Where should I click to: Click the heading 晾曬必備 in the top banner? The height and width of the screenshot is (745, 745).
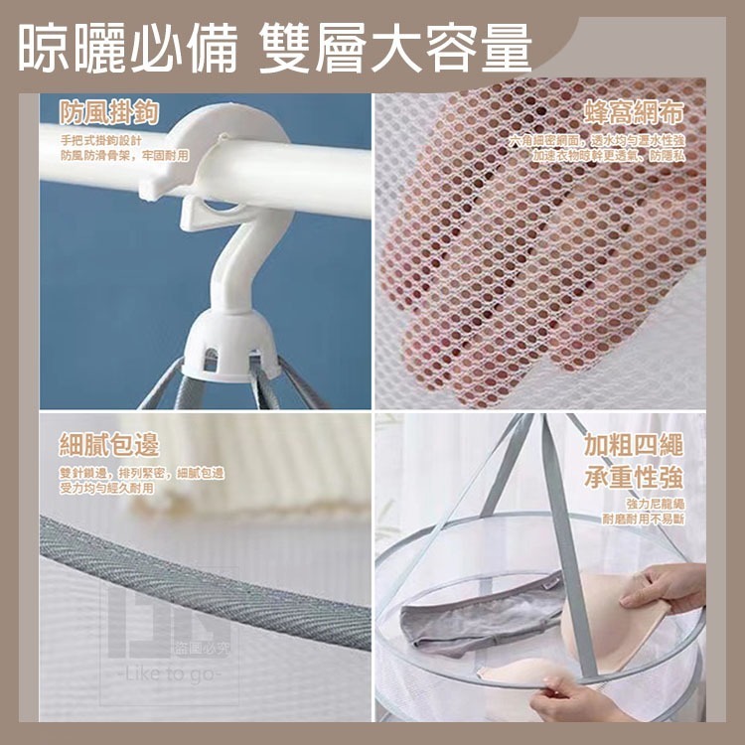(127, 48)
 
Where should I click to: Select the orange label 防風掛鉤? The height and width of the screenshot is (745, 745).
(108, 111)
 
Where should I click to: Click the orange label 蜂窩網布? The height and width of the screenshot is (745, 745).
(635, 111)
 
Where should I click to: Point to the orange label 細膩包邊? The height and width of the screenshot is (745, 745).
(108, 445)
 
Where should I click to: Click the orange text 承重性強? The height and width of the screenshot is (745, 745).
(635, 476)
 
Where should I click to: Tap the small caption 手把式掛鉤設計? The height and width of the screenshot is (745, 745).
(102, 139)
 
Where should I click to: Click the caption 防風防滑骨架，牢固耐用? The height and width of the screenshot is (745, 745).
(123, 155)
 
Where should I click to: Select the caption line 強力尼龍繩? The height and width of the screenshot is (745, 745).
(656, 505)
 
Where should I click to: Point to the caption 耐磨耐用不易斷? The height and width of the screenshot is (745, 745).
(644, 520)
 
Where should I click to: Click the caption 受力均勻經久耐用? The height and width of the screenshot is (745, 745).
(107, 489)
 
